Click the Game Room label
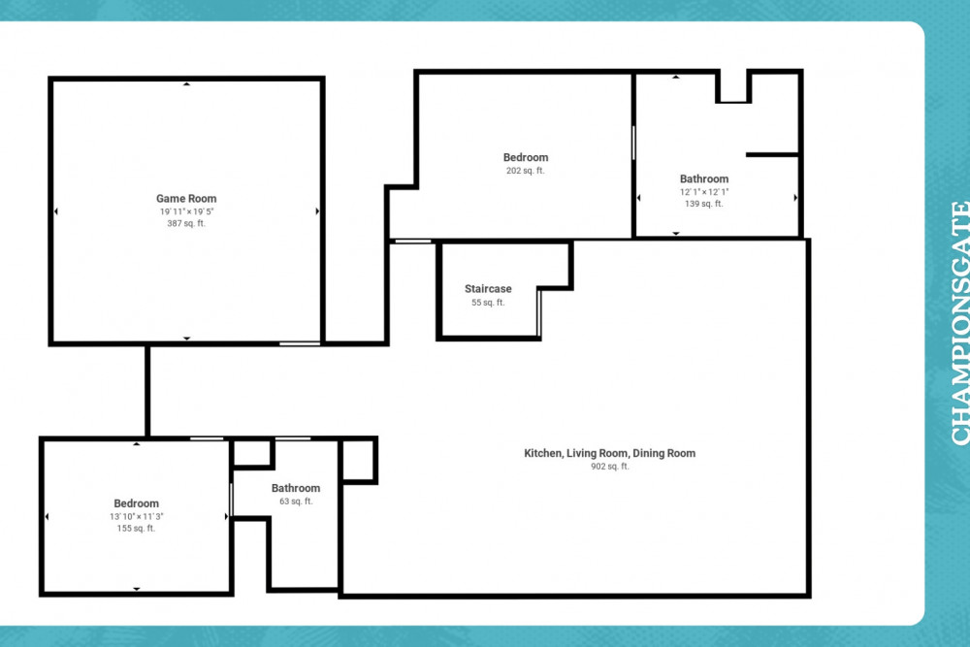pyautogui.click(x=186, y=199)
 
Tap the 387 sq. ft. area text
pyautogui.click(x=186, y=223)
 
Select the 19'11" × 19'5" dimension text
pyautogui.click(x=186, y=211)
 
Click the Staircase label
pyautogui.click(x=488, y=289)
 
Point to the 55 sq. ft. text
pyautogui.click(x=488, y=303)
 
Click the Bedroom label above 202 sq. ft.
pyautogui.click(x=526, y=158)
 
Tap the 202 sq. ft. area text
pyautogui.click(x=526, y=171)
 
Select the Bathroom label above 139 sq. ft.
pyautogui.click(x=704, y=179)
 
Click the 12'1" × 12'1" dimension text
pyautogui.click(x=704, y=192)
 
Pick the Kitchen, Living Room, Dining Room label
pyautogui.click(x=610, y=453)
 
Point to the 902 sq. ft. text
pyautogui.click(x=610, y=467)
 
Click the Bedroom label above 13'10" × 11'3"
pyautogui.click(x=136, y=503)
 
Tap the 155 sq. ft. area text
pyautogui.click(x=136, y=529)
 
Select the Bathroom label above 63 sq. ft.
pyautogui.click(x=296, y=488)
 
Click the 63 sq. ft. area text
pyautogui.click(x=296, y=501)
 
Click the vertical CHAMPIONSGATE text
pyautogui.click(x=960, y=323)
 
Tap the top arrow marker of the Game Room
pyautogui.click(x=187, y=83)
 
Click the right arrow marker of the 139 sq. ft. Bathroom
pyautogui.click(x=795, y=198)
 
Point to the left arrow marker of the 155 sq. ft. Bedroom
pyautogui.click(x=47, y=516)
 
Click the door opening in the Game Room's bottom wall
pyautogui.click(x=300, y=343)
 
